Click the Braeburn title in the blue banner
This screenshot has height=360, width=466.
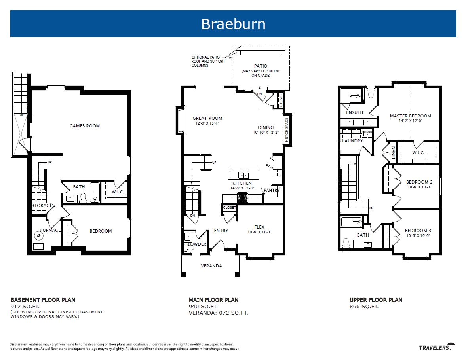pos(233,24)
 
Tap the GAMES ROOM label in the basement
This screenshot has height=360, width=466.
pos(85,126)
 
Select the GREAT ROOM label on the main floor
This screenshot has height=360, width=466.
pos(207,118)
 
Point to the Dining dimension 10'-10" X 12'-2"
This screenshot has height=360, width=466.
pos(266,133)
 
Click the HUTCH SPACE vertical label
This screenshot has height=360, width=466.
pos(287,130)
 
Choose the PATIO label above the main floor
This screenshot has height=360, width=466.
pos(261,66)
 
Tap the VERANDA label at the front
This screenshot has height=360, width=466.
pos(211,266)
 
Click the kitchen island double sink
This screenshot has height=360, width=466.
pos(244,175)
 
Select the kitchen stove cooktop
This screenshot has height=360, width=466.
pos(243,197)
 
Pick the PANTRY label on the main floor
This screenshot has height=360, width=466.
pos(272,190)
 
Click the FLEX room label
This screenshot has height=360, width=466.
pos(259,227)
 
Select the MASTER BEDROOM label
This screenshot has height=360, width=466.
pos(411,116)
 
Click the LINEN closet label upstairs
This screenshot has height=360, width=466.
pos(394,153)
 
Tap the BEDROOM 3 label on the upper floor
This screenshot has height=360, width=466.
pos(418,231)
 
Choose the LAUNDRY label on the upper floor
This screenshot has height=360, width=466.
pos(352,141)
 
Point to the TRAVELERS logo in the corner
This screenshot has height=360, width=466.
pos(437,347)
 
